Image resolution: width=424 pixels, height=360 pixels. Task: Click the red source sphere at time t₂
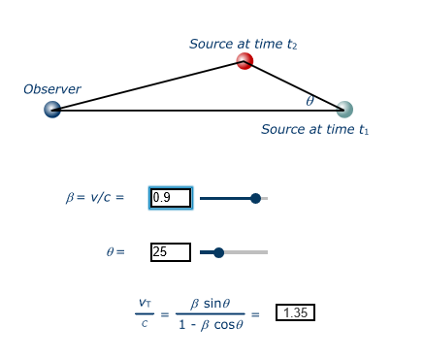(245, 61)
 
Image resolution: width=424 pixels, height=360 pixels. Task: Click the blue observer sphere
(52, 110)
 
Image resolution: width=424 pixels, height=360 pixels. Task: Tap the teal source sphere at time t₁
(344, 110)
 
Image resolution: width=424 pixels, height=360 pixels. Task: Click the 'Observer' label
(52, 89)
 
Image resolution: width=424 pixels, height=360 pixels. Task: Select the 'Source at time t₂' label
(243, 44)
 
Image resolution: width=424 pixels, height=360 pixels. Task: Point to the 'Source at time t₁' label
(314, 129)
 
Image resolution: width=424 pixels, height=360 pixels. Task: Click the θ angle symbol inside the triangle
(310, 101)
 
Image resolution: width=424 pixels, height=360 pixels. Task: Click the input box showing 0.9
(171, 198)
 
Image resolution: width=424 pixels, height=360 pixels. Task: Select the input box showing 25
(171, 252)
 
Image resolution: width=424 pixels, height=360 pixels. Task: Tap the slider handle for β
(255, 198)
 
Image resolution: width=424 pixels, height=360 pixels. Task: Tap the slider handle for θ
(218, 252)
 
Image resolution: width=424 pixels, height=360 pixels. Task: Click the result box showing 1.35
(295, 312)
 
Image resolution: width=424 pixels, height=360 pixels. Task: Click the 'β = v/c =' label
(95, 198)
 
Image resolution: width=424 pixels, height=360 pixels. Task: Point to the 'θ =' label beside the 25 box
(115, 252)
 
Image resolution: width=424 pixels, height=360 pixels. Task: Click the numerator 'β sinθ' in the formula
(211, 303)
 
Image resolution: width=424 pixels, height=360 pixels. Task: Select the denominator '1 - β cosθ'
(211, 324)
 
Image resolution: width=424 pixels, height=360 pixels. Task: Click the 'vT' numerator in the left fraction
(145, 303)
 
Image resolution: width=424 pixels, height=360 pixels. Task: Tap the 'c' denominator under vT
(145, 323)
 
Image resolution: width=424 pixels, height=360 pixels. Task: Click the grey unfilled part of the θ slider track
(246, 252)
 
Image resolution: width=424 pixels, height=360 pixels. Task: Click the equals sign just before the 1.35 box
(255, 313)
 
